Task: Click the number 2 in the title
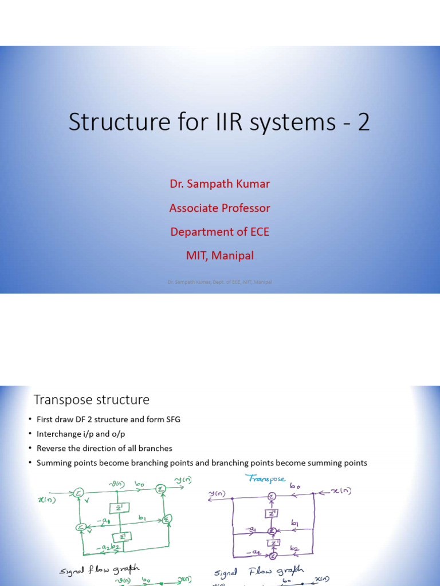point(363,122)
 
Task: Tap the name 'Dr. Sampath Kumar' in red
point(219,184)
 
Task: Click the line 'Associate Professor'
point(219,208)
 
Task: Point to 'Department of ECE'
point(219,232)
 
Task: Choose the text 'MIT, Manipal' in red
point(219,256)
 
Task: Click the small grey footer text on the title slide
point(219,282)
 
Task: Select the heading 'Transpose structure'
point(91,399)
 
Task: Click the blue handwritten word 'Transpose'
point(265,478)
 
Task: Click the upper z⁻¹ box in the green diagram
point(119,508)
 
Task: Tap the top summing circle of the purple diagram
point(272,496)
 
